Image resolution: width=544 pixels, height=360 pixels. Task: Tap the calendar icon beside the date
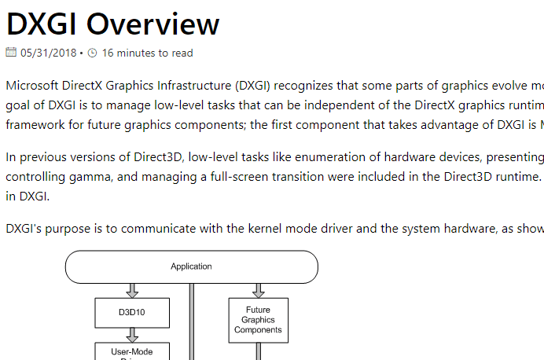(x=11, y=53)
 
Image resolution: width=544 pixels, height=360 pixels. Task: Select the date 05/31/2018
(x=48, y=53)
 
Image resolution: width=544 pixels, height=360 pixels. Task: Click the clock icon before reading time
(x=92, y=53)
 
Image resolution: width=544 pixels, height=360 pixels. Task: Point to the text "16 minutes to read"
(x=147, y=53)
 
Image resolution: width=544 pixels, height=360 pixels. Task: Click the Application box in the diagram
(x=191, y=266)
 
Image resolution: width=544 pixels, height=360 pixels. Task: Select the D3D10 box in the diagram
(x=132, y=311)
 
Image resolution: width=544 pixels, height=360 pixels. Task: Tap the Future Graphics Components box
(x=258, y=320)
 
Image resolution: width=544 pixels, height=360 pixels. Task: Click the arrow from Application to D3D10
(x=132, y=290)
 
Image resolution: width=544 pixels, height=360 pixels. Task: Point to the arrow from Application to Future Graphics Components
(x=258, y=290)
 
